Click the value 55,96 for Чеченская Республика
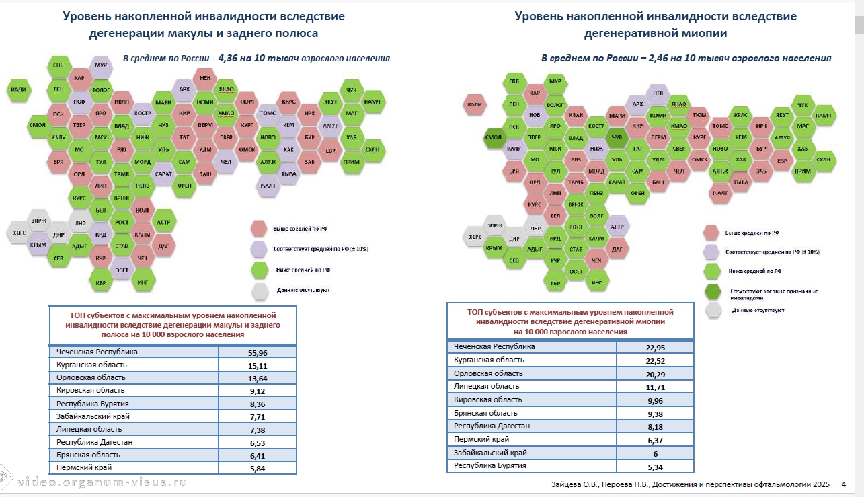(x=258, y=352)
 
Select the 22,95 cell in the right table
(x=656, y=347)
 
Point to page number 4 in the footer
(x=843, y=484)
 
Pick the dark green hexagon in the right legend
(x=713, y=292)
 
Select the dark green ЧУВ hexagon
(x=616, y=137)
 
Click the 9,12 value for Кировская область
(x=258, y=390)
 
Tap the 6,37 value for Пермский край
(x=656, y=439)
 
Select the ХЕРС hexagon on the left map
(x=18, y=233)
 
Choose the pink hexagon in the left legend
(x=260, y=229)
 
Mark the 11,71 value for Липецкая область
(x=656, y=386)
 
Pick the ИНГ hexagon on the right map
(x=596, y=282)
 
